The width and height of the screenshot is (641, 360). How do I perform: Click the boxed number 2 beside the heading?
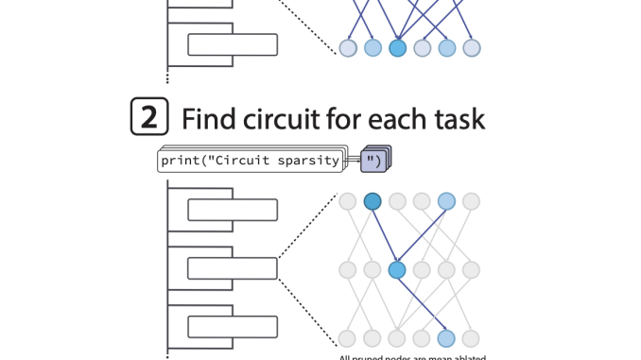tap(148, 118)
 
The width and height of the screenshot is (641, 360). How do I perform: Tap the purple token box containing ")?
tap(373, 162)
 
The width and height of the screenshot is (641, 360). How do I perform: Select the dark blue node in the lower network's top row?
tap(372, 200)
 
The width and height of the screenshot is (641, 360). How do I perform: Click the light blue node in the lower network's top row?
tap(446, 200)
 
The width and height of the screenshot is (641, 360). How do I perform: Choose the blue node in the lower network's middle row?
tap(397, 270)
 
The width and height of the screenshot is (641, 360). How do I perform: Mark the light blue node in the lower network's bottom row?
tap(446, 338)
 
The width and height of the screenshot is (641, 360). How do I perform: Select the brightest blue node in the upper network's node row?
tap(397, 46)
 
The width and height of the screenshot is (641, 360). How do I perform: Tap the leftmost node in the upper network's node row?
tap(348, 46)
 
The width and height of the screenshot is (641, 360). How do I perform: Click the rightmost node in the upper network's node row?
tap(471, 46)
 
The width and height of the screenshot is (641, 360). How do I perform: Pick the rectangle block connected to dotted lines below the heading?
tap(232, 268)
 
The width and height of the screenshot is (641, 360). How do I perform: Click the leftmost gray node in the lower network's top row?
tap(348, 200)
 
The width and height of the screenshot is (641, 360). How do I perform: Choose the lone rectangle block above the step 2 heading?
tap(232, 44)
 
